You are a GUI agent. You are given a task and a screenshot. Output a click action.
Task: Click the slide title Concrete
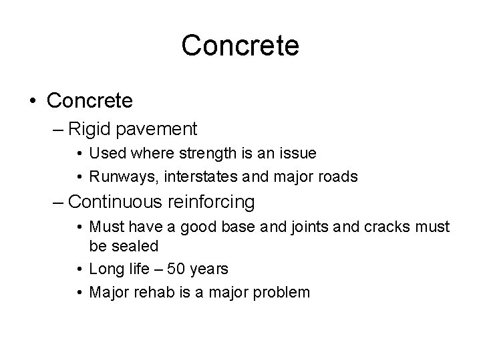(240, 45)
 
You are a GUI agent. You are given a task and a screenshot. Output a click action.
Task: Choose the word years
(210, 269)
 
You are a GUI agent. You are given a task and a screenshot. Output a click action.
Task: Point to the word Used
(104, 153)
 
